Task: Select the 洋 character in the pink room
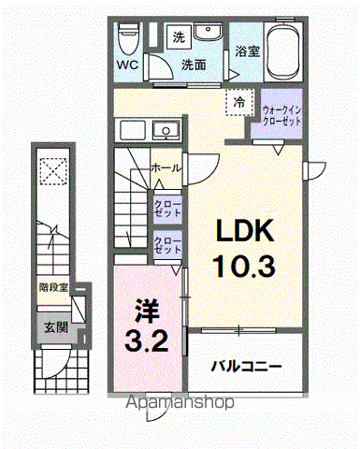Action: [x=146, y=309]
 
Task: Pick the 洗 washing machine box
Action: [x=178, y=37]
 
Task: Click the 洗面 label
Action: [x=194, y=65]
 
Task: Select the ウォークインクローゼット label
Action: [x=281, y=114]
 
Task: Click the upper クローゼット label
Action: [x=168, y=208]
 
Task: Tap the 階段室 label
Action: [x=52, y=288]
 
